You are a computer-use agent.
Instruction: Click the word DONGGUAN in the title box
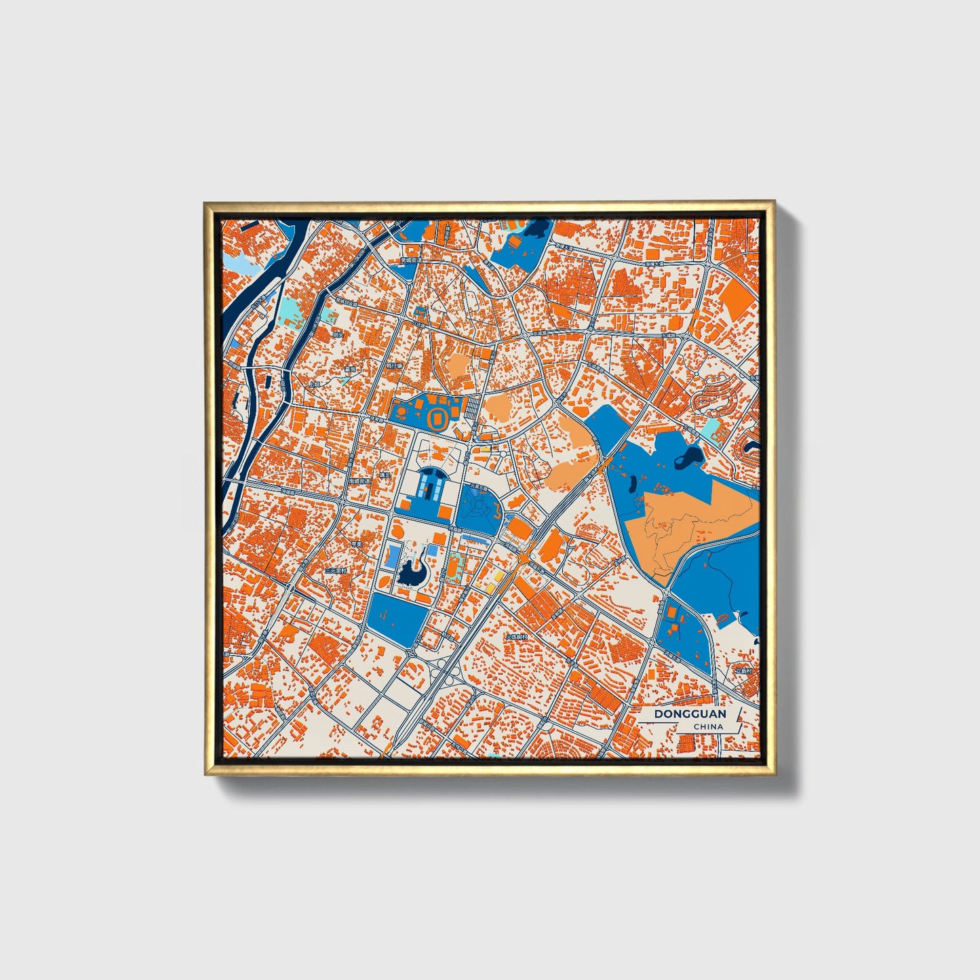pyautogui.click(x=689, y=714)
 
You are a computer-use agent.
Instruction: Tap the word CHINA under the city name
pyautogui.click(x=707, y=727)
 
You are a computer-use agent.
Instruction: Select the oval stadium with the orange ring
pyautogui.click(x=437, y=417)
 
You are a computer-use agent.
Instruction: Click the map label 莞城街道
pyautogui.click(x=411, y=260)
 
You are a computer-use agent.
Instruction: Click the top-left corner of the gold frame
pyautogui.click(x=205, y=203)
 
